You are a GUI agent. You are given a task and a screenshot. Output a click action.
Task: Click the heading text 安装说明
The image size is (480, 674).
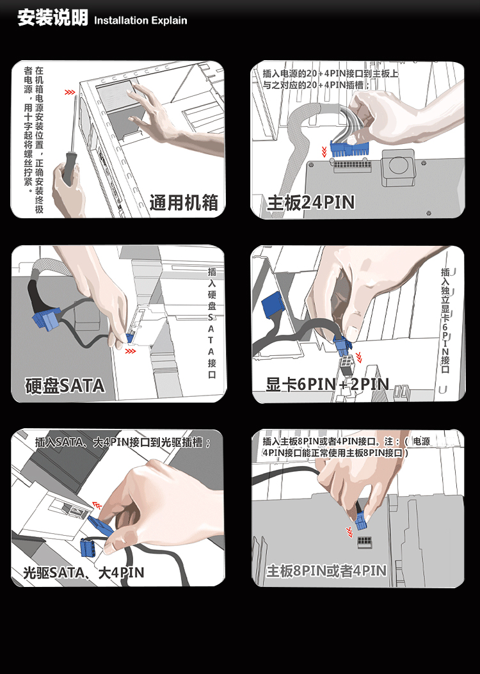coord(52,18)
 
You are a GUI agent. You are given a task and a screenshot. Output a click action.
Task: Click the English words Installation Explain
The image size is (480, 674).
coord(141,20)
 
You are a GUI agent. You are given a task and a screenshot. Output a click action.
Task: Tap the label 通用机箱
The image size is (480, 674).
coord(184,202)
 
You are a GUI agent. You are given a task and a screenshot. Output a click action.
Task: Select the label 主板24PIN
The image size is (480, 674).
coord(310,202)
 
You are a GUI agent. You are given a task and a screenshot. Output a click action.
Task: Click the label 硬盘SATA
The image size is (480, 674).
coord(65,385)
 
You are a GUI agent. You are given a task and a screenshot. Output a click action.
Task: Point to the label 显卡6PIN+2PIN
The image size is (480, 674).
coord(328,384)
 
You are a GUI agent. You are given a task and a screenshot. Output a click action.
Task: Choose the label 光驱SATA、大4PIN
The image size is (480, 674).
coord(84,573)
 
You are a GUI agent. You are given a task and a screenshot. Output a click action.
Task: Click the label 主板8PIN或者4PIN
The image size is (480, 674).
coord(326,571)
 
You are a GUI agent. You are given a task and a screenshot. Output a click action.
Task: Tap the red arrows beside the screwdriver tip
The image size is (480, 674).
coord(70,92)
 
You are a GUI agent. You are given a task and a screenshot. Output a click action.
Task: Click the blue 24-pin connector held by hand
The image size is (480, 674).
coord(350,148)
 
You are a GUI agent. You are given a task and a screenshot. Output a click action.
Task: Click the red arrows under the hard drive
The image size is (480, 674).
coord(130,351)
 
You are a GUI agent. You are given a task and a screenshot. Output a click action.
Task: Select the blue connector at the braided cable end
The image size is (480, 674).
coord(47,319)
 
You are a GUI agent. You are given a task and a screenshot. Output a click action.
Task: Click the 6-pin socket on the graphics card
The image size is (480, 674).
coord(346,366)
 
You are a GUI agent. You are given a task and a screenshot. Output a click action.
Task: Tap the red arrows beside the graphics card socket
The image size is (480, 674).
coord(358,357)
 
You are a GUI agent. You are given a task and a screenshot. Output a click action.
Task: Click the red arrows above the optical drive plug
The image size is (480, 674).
coord(97,504)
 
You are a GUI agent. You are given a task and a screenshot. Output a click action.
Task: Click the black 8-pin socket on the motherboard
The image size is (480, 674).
coord(364,541)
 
